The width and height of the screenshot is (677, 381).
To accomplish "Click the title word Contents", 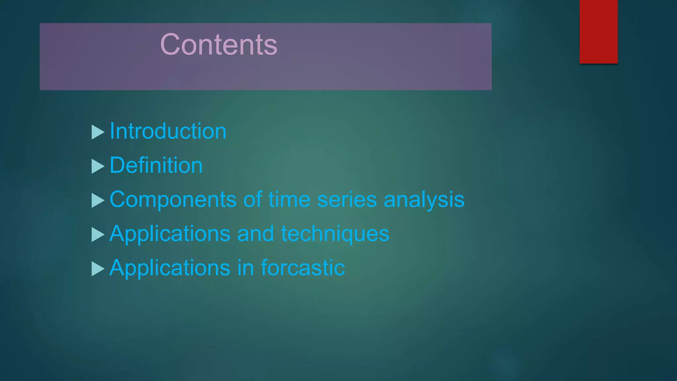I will click(219, 45).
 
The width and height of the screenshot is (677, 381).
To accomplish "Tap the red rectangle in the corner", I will click(598, 31).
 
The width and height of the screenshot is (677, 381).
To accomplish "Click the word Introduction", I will click(168, 131).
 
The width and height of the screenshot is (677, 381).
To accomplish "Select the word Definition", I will click(156, 165).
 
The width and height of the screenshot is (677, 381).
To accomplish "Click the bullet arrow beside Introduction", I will click(98, 132).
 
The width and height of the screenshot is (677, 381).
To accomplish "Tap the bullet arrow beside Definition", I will click(98, 166).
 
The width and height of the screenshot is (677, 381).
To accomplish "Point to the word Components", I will click(173, 200).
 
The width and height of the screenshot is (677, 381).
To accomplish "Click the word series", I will click(347, 200).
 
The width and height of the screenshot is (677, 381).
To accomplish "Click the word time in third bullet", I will click(289, 200).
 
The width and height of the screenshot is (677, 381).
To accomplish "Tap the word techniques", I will click(335, 234).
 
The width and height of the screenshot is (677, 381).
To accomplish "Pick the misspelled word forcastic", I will click(303, 268).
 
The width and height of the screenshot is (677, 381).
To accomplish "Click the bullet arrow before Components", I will click(98, 200).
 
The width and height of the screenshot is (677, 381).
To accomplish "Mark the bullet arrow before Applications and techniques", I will click(98, 234).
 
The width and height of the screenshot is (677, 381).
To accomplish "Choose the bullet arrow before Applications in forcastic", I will click(98, 269).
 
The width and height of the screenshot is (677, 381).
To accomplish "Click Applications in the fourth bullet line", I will click(170, 234).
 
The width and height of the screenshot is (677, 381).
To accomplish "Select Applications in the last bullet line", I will click(170, 268).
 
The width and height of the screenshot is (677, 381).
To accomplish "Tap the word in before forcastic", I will click(245, 268).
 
